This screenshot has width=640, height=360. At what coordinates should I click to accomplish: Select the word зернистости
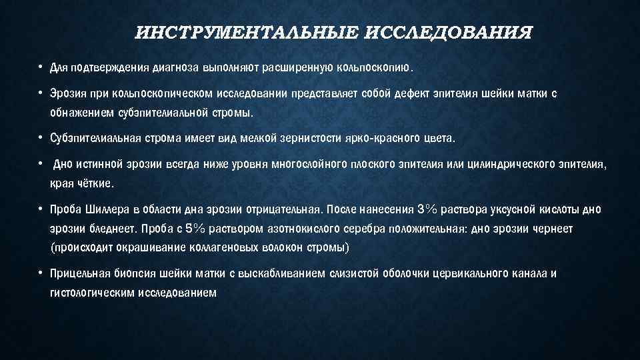click(x=273, y=139)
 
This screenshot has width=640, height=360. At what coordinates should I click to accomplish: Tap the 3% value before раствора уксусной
click(x=427, y=211)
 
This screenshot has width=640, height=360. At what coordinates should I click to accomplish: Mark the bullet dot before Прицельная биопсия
click(x=41, y=273)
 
